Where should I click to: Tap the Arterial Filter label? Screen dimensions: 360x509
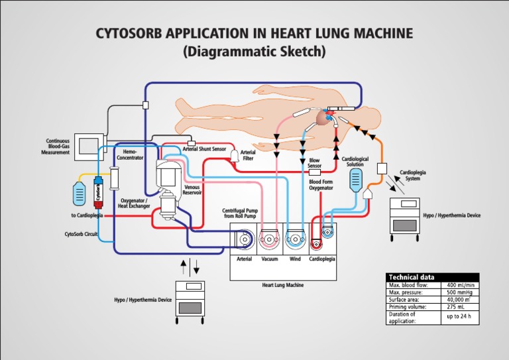tap(249, 155)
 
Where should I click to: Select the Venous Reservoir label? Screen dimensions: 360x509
tap(192, 190)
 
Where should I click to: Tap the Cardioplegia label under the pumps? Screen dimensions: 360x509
tap(322, 259)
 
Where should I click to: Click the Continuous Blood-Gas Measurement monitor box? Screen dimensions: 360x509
tap(87, 146)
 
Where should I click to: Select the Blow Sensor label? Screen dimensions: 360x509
tap(314, 162)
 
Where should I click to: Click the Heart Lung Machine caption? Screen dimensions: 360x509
tap(282, 285)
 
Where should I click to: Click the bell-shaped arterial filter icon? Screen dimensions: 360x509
tap(234, 155)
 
